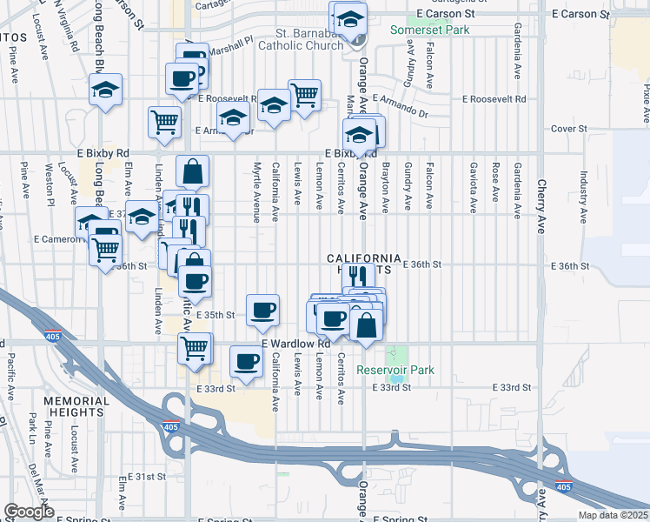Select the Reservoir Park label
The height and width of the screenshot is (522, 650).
pyautogui.click(x=395, y=370)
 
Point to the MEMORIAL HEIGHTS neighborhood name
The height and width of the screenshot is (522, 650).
pyautogui.click(x=76, y=407)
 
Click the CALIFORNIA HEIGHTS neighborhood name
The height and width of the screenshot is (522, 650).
pyautogui.click(x=365, y=264)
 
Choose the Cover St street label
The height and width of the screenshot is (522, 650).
pyautogui.click(x=569, y=129)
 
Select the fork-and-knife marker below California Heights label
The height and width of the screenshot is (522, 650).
pyautogui.click(x=356, y=277)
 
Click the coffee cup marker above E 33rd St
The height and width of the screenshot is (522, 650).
pyautogui.click(x=246, y=360)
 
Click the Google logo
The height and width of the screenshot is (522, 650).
pyautogui.click(x=28, y=512)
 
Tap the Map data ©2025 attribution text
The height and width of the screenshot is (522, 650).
pyautogui.click(x=613, y=515)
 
